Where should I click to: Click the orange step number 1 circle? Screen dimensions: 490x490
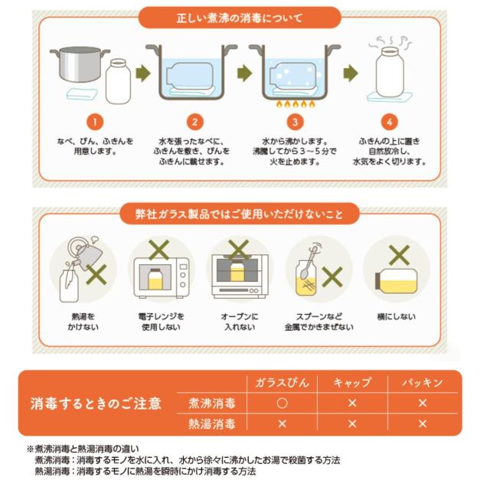pyautogui.click(x=95, y=122)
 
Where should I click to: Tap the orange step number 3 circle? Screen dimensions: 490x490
pyautogui.click(x=295, y=122)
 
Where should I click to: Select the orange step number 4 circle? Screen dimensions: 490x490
pyautogui.click(x=389, y=122)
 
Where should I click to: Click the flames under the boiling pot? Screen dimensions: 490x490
pyautogui.click(x=296, y=104)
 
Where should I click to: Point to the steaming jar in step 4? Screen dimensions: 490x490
pyautogui.click(x=390, y=72)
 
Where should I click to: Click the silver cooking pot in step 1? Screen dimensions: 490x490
pyautogui.click(x=80, y=64)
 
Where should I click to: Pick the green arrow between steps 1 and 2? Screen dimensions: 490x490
pyautogui.click(x=143, y=73)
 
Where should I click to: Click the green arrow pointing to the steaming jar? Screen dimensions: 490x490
pyautogui.click(x=351, y=73)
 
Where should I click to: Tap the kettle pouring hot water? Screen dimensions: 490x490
pyautogui.click(x=83, y=253)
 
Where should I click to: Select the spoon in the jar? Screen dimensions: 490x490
pyautogui.click(x=308, y=263)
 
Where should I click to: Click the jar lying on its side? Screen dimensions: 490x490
pyautogui.click(x=397, y=281)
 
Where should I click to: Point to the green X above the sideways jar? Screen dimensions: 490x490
pyautogui.click(x=399, y=255)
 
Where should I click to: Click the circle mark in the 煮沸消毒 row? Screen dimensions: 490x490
pyautogui.click(x=282, y=403)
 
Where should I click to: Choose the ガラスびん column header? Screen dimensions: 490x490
pyautogui.click(x=282, y=383)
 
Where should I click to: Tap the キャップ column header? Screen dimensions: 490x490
pyautogui.click(x=352, y=383)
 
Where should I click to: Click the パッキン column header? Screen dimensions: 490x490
pyautogui.click(x=422, y=383)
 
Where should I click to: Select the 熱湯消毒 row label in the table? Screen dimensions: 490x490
pyautogui.click(x=211, y=424)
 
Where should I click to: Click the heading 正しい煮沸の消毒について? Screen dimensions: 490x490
pyautogui.click(x=240, y=18)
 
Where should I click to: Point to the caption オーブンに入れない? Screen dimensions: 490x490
pyautogui.click(x=240, y=322)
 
